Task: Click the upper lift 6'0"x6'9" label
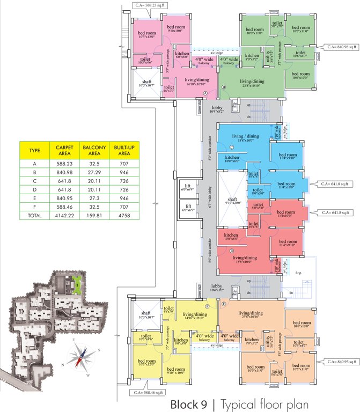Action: coord(188,188)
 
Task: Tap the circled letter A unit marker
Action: coord(205,93)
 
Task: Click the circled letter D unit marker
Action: coord(232,251)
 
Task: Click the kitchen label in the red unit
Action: coord(231,237)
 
